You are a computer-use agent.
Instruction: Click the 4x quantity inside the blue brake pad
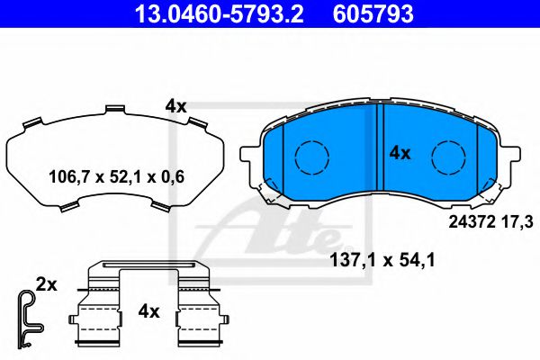(399, 153)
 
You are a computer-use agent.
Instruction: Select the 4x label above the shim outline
(175, 106)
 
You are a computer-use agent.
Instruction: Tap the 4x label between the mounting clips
(148, 311)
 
